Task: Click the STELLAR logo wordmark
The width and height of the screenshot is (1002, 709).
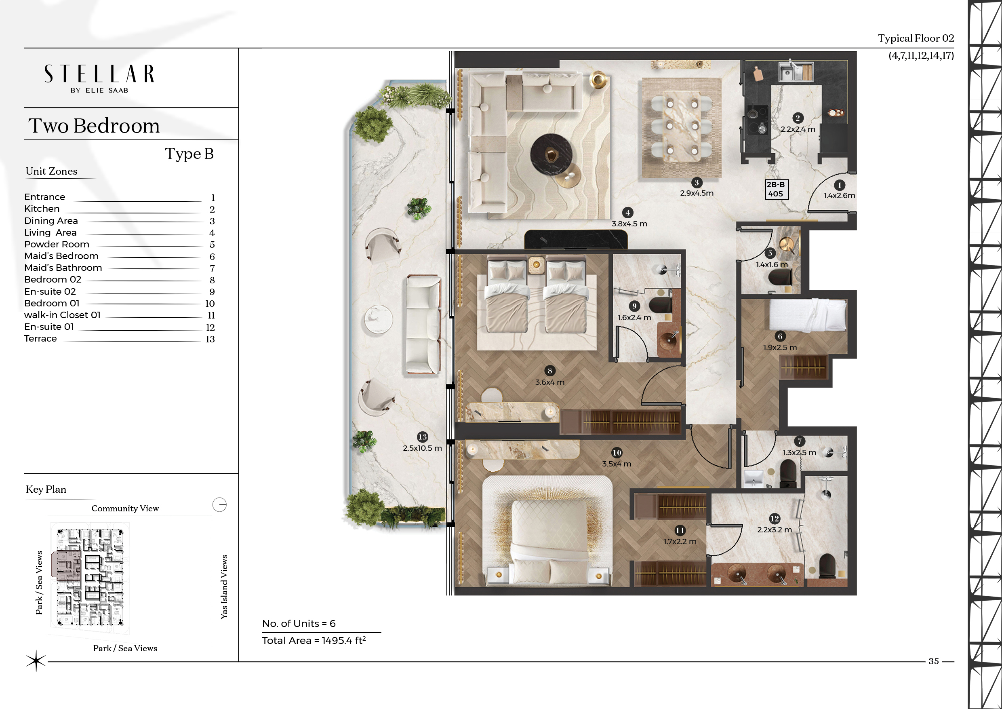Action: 99,74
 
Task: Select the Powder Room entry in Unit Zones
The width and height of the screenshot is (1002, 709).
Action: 57,244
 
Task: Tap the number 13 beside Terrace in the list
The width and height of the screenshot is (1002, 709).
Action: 210,339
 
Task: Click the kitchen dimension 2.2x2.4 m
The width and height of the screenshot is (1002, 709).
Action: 797,129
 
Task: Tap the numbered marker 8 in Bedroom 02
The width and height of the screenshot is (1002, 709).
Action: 549,371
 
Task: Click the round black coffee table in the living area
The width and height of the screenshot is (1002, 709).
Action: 551,154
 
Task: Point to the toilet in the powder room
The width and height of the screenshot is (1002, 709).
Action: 779,277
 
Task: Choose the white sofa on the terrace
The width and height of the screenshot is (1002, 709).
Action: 423,324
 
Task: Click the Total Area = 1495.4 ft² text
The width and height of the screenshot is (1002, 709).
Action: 314,640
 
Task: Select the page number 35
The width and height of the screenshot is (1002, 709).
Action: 933,661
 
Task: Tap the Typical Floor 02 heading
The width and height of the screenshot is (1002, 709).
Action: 916,38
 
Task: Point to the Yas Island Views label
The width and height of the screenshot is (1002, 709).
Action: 224,587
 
